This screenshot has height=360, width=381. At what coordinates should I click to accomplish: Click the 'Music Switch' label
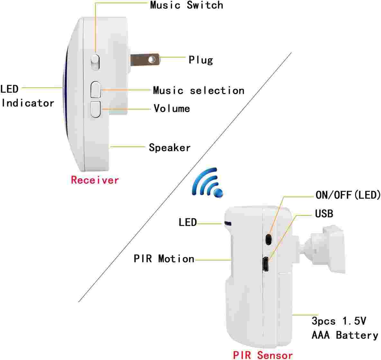point(186,5)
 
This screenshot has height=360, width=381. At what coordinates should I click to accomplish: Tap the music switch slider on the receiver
point(95,62)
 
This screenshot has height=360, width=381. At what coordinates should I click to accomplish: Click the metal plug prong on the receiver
point(145,60)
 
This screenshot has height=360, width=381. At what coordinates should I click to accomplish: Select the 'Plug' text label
point(201,60)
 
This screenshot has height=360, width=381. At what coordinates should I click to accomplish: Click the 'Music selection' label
point(198,91)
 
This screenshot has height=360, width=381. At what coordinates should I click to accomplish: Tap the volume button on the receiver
point(95,110)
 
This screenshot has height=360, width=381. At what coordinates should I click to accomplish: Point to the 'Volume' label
point(172,108)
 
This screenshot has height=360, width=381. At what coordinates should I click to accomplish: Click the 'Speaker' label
point(170,148)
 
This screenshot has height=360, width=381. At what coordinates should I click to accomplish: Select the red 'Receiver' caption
point(95,180)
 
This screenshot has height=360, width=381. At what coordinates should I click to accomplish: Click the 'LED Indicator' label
point(27,96)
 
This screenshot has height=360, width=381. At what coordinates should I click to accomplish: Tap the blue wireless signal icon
point(207,182)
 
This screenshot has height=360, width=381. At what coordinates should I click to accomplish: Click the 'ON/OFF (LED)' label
point(348,195)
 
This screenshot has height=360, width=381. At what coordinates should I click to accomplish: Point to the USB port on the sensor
point(265,264)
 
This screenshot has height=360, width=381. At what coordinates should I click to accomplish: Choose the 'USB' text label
point(324,214)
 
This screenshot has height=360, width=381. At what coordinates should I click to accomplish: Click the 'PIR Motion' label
point(164,259)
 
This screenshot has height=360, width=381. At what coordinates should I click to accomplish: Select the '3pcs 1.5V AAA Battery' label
point(345,328)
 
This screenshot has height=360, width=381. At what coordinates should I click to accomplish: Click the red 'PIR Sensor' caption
point(263,355)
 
